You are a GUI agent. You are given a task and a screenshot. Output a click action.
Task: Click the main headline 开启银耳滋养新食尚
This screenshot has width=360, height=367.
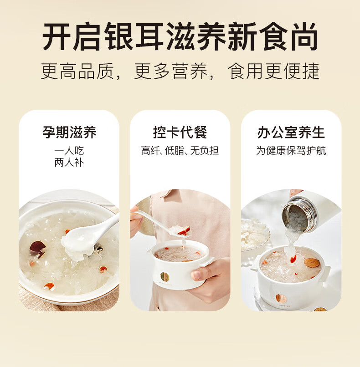pos(180,36)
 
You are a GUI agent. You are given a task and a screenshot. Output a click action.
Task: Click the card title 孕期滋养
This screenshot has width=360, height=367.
pos(69,133)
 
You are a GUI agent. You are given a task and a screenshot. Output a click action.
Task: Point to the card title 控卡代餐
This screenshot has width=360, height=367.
pos(180,133)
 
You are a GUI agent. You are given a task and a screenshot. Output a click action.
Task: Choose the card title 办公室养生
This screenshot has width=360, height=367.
pos(291,133)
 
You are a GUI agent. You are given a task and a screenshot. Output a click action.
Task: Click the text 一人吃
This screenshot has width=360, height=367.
pos(69,151)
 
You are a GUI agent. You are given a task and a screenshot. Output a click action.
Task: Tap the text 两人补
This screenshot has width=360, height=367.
pos(69,163)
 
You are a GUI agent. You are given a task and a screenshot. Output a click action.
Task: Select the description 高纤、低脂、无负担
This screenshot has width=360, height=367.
pos(180,151)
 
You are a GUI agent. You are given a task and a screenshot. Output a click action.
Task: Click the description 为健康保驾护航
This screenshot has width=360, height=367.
pos(291,151)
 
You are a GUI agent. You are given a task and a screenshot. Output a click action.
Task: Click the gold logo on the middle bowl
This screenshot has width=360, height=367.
pos(165,276)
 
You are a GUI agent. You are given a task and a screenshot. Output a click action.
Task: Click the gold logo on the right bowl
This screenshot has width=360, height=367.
pos(281,298)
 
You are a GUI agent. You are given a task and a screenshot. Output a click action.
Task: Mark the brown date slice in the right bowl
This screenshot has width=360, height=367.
pos(312,263)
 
